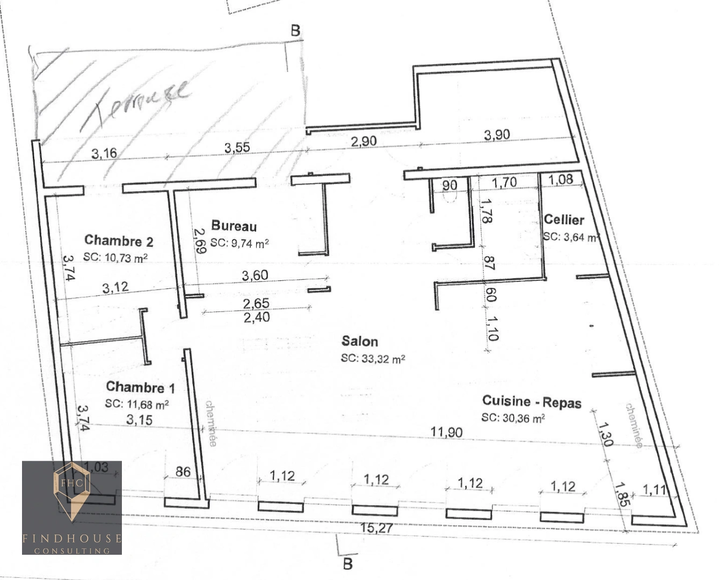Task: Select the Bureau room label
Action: [234, 226]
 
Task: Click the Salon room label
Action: [359, 341]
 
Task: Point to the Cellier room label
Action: [563, 219]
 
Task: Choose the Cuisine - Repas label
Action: [531, 401]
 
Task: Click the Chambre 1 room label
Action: [140, 387]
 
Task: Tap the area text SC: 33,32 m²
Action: [373, 358]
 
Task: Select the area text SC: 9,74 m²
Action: [239, 243]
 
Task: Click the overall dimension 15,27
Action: [376, 528]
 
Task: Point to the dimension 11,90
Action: [447, 432]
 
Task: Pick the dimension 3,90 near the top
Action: [497, 135]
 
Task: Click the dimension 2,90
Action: [364, 142]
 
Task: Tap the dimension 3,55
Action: [237, 147]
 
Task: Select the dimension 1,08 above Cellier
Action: [561, 179]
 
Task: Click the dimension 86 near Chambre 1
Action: [183, 472]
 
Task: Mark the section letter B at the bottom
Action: [348, 564]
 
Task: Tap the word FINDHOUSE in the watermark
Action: [72, 538]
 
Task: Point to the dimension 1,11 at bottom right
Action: [653, 490]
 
